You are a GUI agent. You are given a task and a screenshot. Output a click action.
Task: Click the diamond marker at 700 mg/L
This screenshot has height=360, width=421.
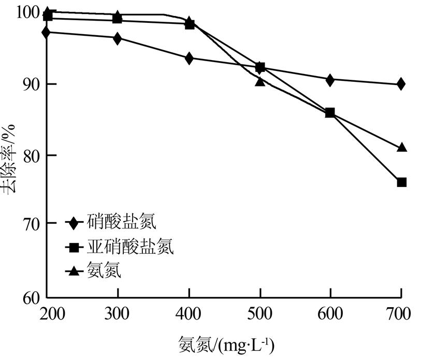click(400, 84)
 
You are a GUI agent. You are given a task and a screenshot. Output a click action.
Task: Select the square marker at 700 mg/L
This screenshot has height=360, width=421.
click(401, 182)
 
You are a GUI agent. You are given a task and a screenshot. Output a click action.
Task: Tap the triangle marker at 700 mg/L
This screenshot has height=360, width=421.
click(401, 148)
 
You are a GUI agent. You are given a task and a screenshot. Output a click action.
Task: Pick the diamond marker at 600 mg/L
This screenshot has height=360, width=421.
click(330, 80)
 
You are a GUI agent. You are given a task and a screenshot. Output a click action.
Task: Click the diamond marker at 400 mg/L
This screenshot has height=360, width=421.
click(189, 58)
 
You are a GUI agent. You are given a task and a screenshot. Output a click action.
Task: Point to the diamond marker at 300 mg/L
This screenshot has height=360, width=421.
click(118, 38)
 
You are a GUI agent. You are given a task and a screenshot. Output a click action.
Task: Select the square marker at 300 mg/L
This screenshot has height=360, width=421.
click(118, 19)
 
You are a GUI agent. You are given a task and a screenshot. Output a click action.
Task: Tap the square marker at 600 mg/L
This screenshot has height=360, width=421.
click(330, 113)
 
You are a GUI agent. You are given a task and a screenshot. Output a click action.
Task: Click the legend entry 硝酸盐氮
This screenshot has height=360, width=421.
click(111, 223)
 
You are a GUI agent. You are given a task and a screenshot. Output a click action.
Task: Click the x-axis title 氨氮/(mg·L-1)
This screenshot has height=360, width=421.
click(226, 344)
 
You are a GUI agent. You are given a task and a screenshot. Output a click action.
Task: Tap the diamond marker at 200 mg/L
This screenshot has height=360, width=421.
click(47, 32)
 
